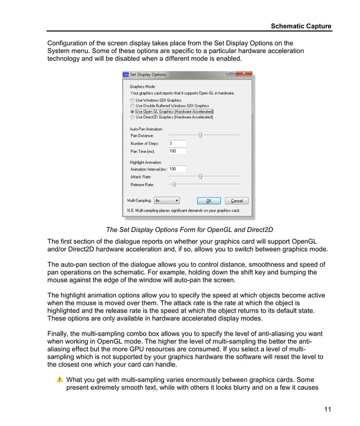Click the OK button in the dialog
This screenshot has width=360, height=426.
[208, 200]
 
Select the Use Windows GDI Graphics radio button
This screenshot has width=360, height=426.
[133, 100]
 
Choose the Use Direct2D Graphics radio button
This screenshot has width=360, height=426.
[133, 117]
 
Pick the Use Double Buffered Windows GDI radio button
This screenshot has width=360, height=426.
[133, 106]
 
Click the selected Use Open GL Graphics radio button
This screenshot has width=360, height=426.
[133, 112]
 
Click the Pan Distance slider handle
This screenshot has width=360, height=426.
[200, 135]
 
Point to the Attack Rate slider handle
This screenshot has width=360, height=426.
[200, 177]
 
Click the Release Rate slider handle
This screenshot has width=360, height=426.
[174, 185]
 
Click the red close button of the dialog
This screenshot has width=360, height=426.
[244, 73]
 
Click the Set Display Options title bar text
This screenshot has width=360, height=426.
[148, 74]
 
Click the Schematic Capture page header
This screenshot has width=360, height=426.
[301, 26]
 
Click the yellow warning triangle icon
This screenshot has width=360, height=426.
[60, 380]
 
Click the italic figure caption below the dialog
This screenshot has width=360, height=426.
[189, 230]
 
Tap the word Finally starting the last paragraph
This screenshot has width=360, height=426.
[59, 333]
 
